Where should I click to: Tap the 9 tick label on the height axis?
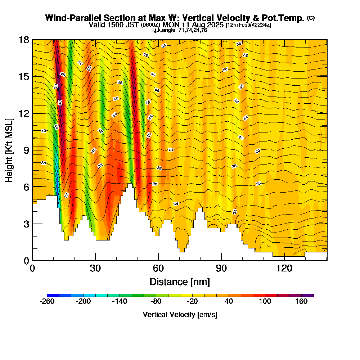[26, 150]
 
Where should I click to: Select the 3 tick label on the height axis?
[26, 224]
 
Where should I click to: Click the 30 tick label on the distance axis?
[95, 269]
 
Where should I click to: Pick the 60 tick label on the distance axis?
[158, 269]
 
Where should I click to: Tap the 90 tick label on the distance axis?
[221, 269]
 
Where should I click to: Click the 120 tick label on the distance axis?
[284, 269]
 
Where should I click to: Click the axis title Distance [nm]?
[180, 282]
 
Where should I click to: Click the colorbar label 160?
[301, 302]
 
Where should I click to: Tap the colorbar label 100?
[265, 302]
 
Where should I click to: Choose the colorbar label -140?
[120, 302]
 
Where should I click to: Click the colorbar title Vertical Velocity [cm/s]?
[180, 315]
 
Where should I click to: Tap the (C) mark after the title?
[311, 18]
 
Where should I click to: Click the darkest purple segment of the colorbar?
[310, 295]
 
